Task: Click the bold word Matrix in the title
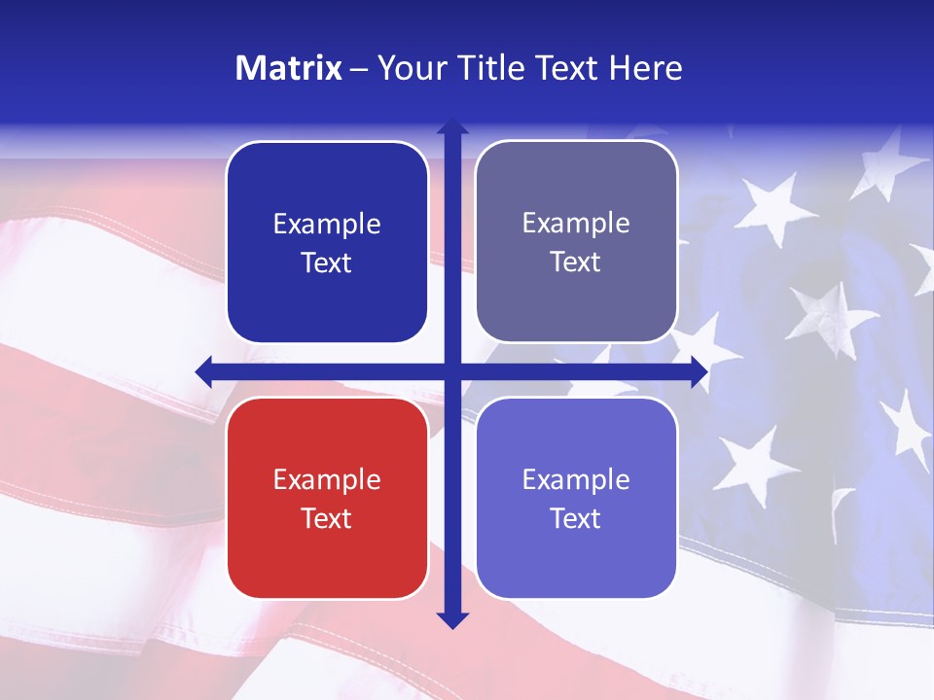pos(289,68)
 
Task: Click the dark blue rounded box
pos(327,242)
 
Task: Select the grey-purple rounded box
pos(576,242)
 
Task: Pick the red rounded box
pos(327,498)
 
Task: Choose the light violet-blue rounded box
pos(576,498)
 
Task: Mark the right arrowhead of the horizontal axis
pos(700,371)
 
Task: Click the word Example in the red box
pos(327,479)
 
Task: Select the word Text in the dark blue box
pos(327,263)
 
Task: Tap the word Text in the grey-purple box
pos(576,262)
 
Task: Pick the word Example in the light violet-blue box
pos(576,479)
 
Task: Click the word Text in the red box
pos(327,518)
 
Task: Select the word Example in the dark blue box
pos(327,224)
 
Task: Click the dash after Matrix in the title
pos(359,69)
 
